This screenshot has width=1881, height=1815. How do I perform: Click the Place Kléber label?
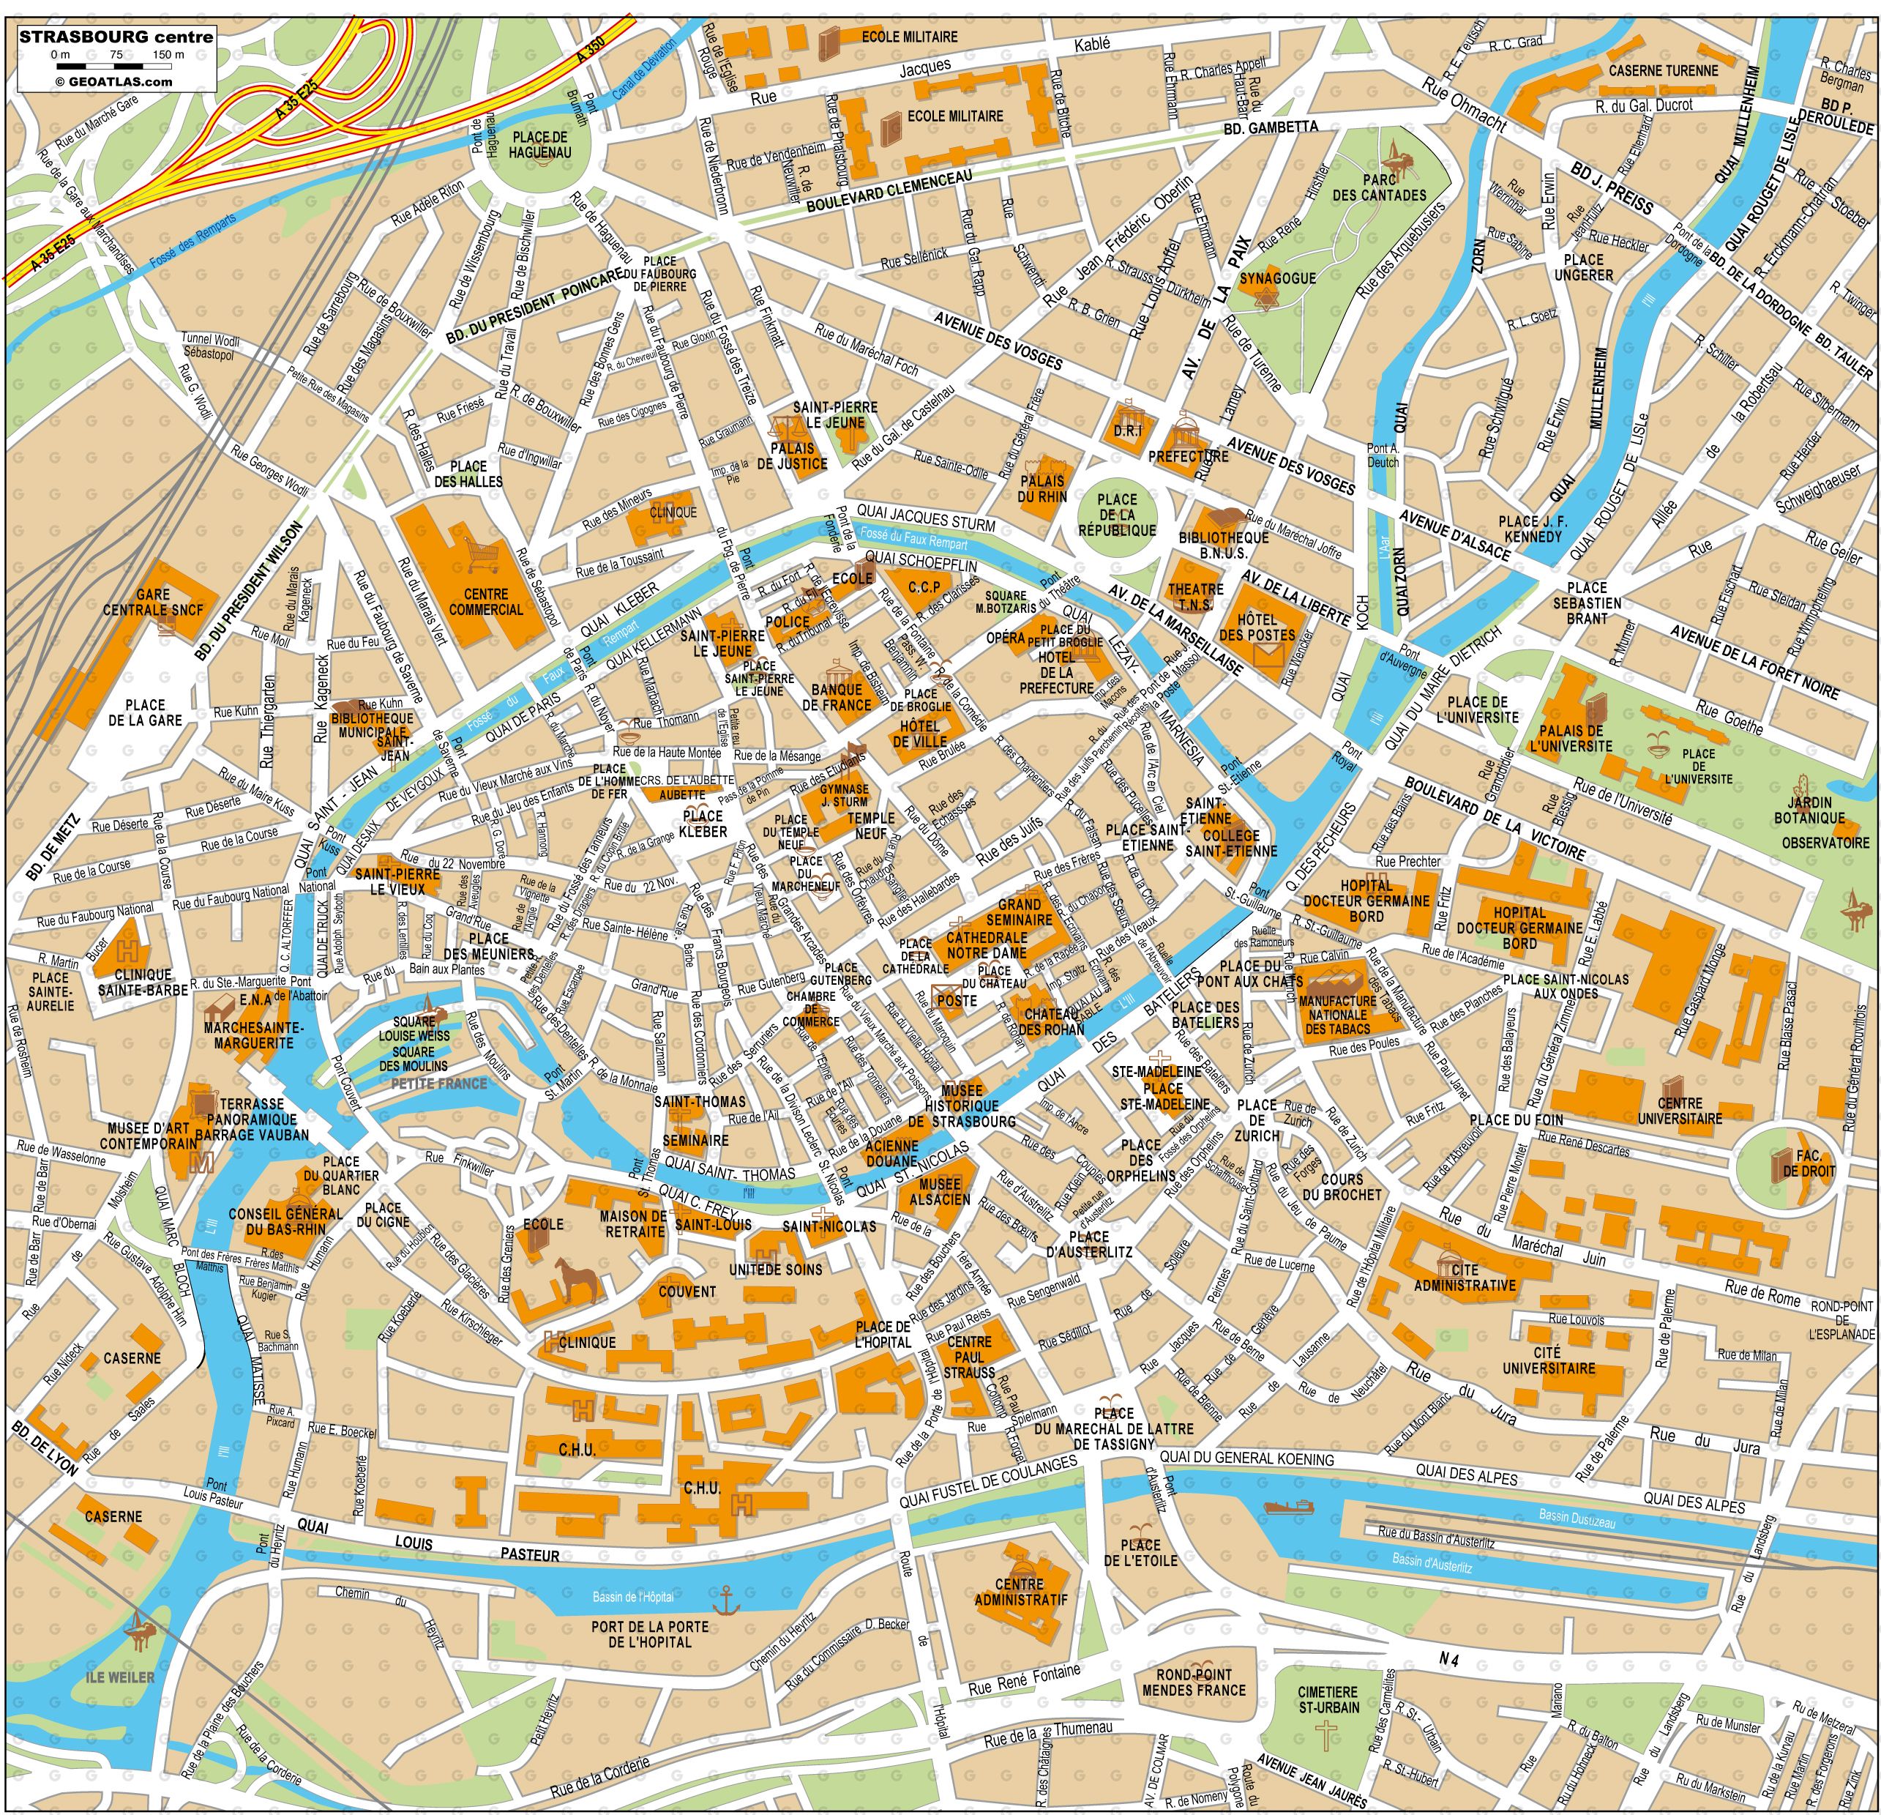click(703, 824)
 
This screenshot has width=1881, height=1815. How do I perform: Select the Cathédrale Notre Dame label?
click(987, 944)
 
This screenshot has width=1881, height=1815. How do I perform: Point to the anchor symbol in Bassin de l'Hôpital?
click(725, 1599)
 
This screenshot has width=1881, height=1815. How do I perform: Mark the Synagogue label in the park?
click(1276, 278)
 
